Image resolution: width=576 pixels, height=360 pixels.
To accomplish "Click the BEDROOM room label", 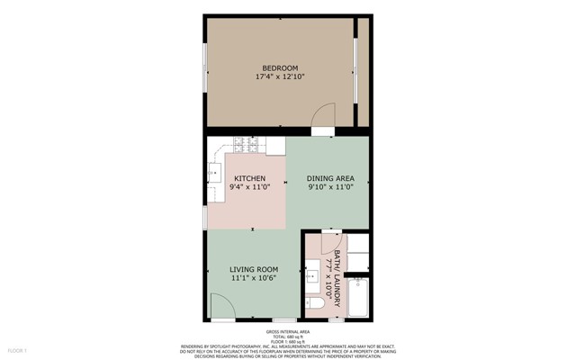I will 280,68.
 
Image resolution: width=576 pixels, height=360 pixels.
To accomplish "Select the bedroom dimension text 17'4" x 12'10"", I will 280,78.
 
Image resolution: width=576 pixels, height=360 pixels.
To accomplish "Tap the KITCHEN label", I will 249,178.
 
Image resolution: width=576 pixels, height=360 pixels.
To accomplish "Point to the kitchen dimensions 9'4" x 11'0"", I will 249,188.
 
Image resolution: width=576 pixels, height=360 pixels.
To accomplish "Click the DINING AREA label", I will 330,178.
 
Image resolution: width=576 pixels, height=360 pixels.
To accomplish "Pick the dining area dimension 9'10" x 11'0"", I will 330,188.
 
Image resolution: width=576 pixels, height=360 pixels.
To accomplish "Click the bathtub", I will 358,298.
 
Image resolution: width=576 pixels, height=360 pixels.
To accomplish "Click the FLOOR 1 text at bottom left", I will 18,349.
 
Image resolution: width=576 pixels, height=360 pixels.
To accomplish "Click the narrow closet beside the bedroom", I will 364,72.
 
